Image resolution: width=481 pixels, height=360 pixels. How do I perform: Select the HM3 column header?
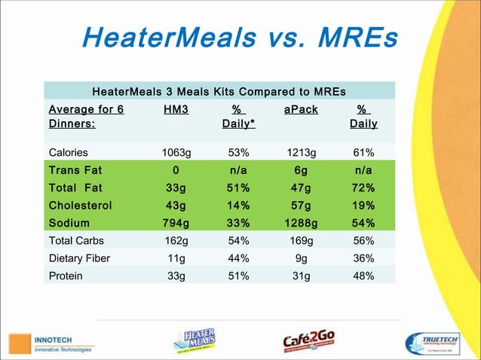point(176,110)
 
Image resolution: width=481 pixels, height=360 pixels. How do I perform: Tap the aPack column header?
point(301,110)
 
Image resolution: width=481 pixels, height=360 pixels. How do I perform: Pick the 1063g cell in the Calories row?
point(176,151)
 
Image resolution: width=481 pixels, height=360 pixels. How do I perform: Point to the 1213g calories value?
point(301,151)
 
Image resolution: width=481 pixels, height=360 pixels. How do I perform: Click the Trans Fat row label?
point(75,169)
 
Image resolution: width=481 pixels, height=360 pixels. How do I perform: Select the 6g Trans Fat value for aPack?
point(301,169)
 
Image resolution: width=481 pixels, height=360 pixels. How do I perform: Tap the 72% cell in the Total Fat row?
point(363,188)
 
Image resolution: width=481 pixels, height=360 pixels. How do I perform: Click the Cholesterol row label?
point(80,205)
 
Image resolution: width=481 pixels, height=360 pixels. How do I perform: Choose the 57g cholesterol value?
point(301,205)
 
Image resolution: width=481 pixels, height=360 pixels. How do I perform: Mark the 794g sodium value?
point(176,223)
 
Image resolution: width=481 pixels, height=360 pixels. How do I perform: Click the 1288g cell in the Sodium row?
point(301,223)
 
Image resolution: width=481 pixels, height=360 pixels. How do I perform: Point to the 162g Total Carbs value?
point(176,241)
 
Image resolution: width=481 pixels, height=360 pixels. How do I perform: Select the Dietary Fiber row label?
point(79,258)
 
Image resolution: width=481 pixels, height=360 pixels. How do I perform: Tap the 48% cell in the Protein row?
point(363,276)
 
